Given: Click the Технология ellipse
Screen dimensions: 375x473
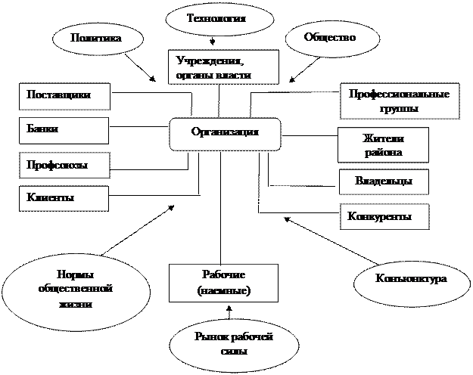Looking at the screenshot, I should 219,18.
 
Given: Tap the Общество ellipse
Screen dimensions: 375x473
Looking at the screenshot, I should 328,37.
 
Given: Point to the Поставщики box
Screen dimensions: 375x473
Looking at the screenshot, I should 64,96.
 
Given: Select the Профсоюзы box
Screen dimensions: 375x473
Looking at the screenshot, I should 64,164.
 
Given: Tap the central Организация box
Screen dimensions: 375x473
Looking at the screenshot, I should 225,133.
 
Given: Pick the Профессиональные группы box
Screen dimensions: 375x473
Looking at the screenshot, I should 399,101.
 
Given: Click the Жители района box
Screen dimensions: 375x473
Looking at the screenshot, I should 383,145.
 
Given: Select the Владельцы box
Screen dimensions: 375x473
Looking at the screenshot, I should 383,181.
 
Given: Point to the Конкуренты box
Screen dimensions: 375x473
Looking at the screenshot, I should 384,217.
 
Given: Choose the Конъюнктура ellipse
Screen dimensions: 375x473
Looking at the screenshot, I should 411,280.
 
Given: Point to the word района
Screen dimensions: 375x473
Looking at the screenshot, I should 383,152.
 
